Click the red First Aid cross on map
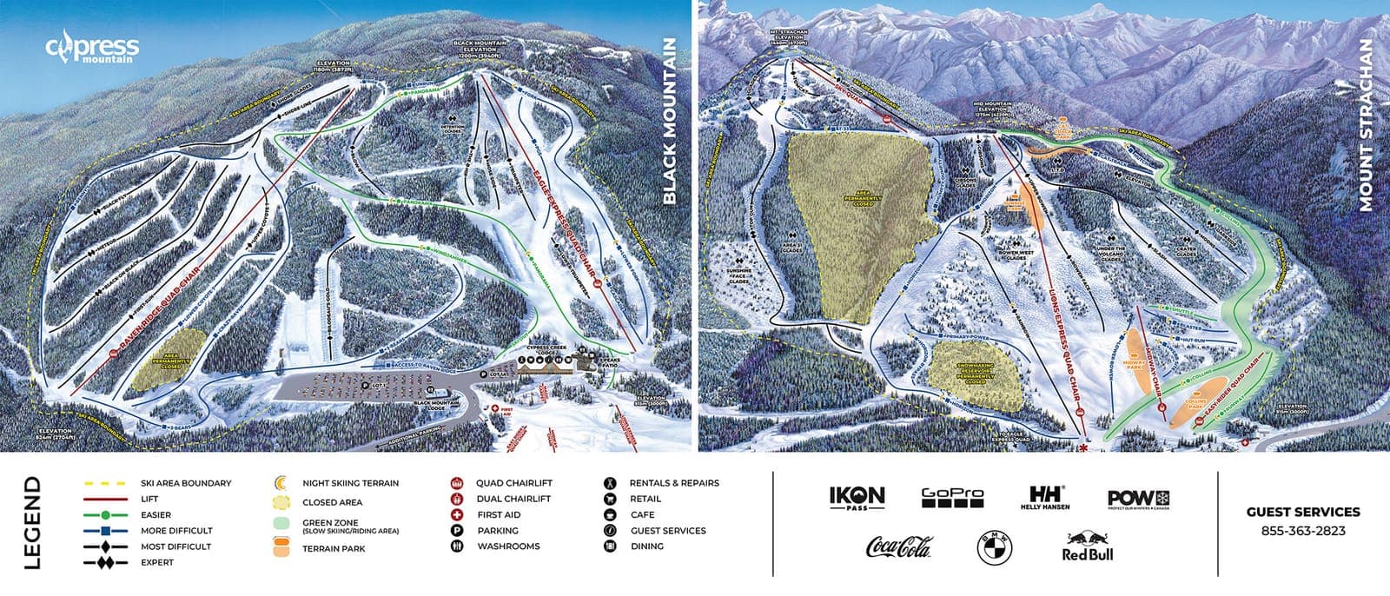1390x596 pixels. [495, 408]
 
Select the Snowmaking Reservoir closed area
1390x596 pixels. [975, 373]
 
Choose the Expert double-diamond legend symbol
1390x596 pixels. [105, 563]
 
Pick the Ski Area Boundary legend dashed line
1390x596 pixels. [105, 483]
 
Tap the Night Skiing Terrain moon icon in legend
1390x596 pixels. [281, 483]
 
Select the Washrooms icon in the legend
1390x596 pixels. [456, 546]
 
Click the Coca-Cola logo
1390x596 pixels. [898, 547]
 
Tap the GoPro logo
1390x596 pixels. [952, 498]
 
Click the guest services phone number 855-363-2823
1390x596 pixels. [1302, 531]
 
